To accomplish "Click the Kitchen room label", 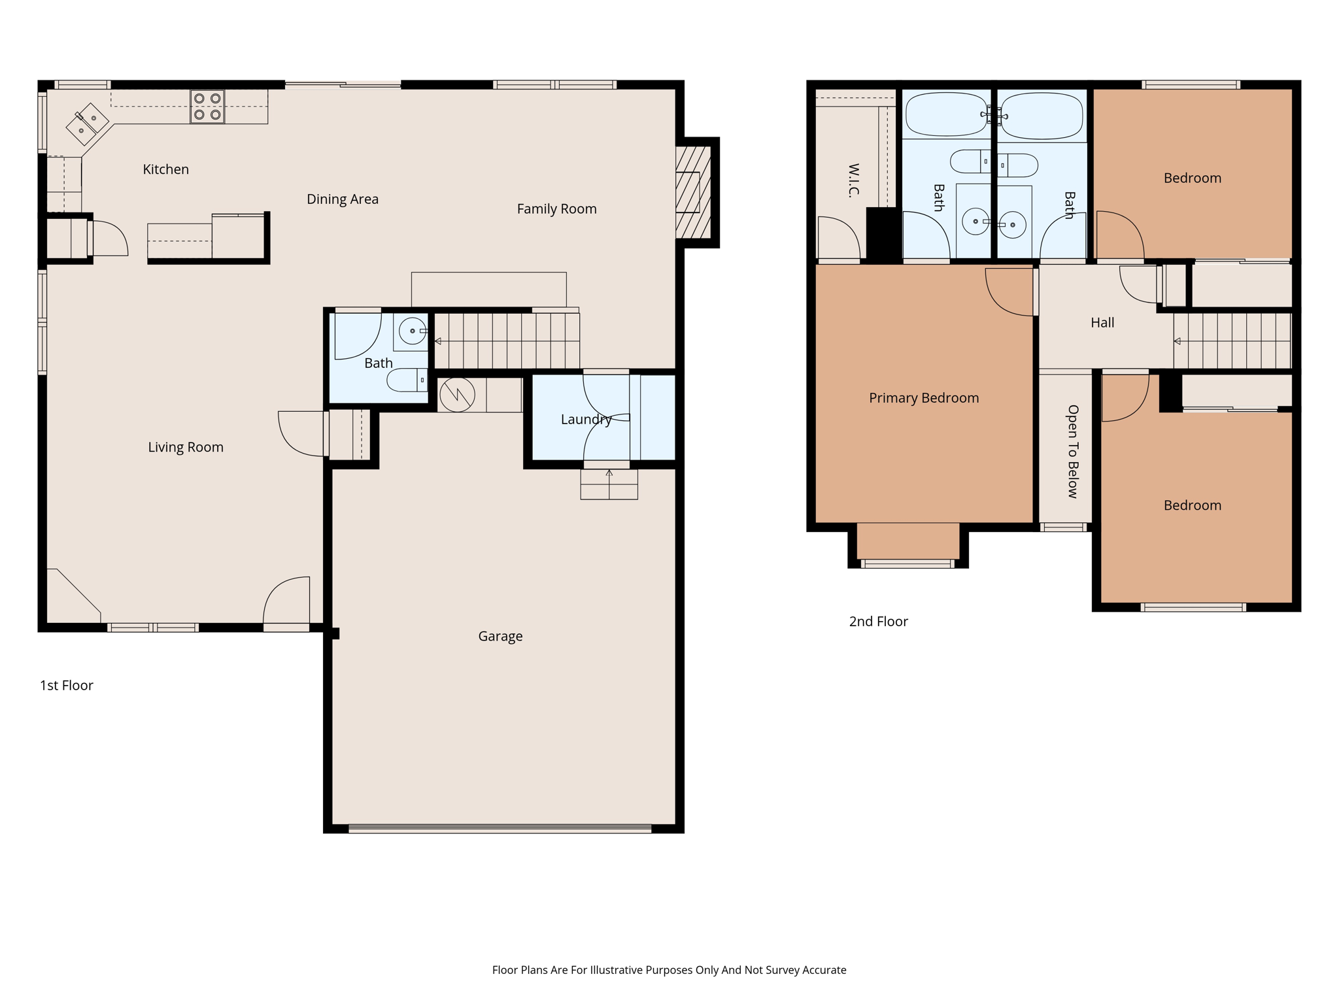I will (x=165, y=169).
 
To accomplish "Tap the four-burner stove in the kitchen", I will (x=207, y=107).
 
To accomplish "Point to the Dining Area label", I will (x=342, y=199).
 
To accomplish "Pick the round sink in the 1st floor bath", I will (x=412, y=331).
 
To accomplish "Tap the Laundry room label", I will (x=585, y=420).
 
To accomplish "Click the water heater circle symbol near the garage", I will (x=457, y=395).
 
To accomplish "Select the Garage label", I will (x=500, y=636).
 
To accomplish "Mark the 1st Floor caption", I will (x=66, y=686).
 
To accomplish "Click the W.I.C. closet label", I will (x=853, y=180).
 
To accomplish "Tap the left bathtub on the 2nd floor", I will (x=945, y=114).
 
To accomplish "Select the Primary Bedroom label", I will (x=923, y=398).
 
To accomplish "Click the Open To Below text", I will (x=1072, y=451).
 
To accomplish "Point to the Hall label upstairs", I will (x=1102, y=323).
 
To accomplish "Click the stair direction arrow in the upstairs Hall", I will (x=1177, y=341).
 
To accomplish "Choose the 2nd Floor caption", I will (x=877, y=622).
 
